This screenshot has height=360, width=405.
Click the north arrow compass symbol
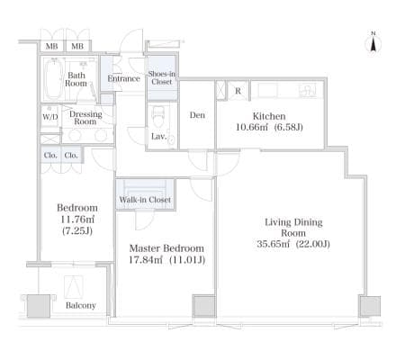tap(373, 42)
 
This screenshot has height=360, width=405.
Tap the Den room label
tap(197, 115)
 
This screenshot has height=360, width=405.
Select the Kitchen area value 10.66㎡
tap(252, 127)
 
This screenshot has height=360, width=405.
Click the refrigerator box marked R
tap(238, 91)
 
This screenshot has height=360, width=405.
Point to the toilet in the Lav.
tap(158, 117)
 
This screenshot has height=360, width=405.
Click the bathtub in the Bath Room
tap(54, 78)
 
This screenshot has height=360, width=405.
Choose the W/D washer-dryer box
tap(49, 116)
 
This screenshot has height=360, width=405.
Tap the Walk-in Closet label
tap(145, 200)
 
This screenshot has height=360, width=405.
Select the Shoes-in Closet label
tap(162, 77)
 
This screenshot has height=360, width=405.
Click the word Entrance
tap(124, 78)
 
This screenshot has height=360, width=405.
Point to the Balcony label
tap(81, 305)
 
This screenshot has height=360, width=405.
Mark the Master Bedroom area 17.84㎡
tap(146, 260)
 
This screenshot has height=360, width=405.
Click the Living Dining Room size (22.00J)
tap(313, 244)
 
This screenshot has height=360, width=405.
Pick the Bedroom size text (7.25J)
tap(77, 231)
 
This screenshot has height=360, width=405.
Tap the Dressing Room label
tap(85, 118)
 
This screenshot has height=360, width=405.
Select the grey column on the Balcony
tap(39, 306)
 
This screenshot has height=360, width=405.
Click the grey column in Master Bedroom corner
tap(204, 306)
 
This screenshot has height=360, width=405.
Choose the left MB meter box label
tap(52, 46)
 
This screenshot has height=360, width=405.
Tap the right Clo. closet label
tap(71, 155)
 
